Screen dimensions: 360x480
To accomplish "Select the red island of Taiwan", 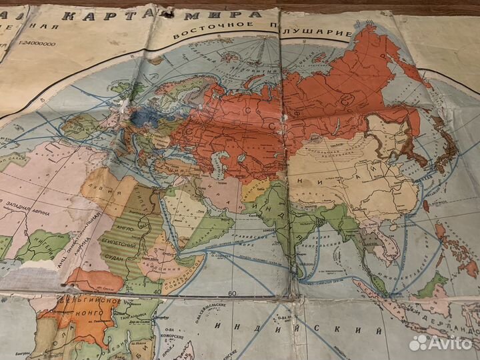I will pyautogui.click(x=425, y=205).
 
